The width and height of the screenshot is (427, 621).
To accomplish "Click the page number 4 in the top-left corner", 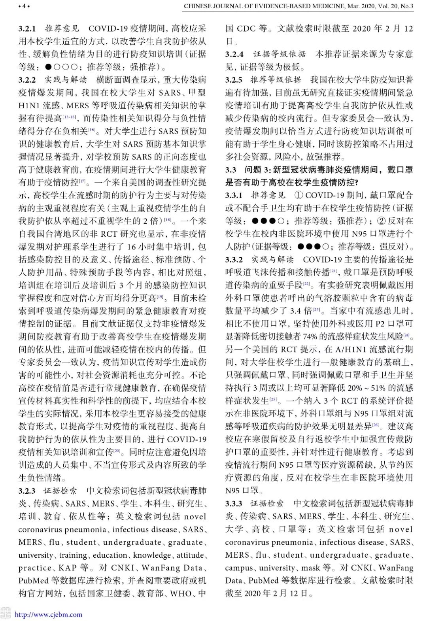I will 24,6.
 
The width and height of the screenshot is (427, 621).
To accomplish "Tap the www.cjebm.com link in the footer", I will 49,614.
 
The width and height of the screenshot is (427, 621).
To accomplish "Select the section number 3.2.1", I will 27,28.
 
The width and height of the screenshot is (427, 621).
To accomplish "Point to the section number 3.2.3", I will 27,491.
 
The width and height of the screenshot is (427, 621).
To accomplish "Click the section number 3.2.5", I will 234,80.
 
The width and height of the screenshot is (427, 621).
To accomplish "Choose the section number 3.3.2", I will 234,260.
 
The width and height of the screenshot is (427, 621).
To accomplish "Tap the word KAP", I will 67,568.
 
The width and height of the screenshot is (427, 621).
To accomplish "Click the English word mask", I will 310,568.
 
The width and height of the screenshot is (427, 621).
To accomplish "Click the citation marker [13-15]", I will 69,117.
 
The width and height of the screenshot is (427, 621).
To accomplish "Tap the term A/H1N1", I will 352,349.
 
